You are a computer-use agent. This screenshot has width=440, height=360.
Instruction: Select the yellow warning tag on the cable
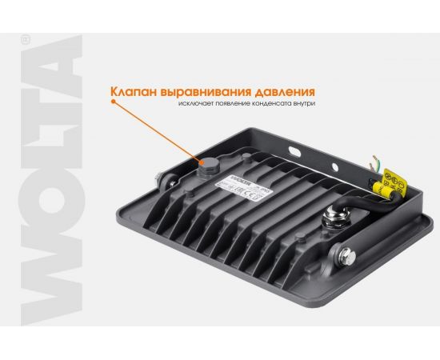(x=390, y=183)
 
